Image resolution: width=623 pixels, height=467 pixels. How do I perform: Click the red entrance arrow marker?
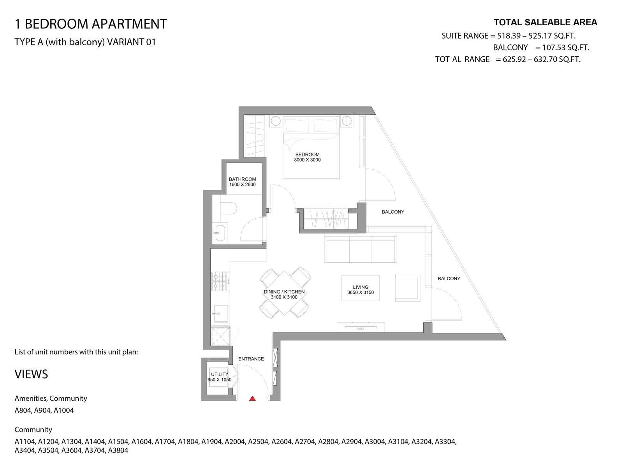(x=252, y=399)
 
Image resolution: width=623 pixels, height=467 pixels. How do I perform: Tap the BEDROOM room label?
(x=307, y=154)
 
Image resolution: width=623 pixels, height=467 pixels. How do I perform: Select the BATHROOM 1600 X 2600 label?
(x=243, y=182)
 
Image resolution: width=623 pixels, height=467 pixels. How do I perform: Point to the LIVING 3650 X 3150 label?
(x=361, y=290)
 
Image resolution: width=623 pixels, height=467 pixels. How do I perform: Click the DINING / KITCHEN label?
(x=284, y=292)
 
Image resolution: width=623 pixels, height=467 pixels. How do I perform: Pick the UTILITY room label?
(x=219, y=374)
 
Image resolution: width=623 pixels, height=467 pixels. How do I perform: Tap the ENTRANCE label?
(x=251, y=359)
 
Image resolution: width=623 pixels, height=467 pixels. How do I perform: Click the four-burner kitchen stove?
(x=220, y=281)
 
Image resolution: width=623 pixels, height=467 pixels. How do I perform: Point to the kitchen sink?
(x=220, y=314)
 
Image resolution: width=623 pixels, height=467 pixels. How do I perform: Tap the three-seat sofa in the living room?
(x=361, y=248)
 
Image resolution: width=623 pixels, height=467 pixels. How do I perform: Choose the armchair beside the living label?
(x=408, y=288)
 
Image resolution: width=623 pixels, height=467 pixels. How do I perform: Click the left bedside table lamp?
(x=276, y=121)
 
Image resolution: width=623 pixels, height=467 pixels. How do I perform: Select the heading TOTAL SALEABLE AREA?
(x=546, y=23)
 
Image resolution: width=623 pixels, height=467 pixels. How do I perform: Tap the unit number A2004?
(x=235, y=441)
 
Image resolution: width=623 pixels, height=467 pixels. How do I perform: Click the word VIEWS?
(x=31, y=374)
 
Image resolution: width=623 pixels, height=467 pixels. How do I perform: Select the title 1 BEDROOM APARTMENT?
(x=91, y=24)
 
